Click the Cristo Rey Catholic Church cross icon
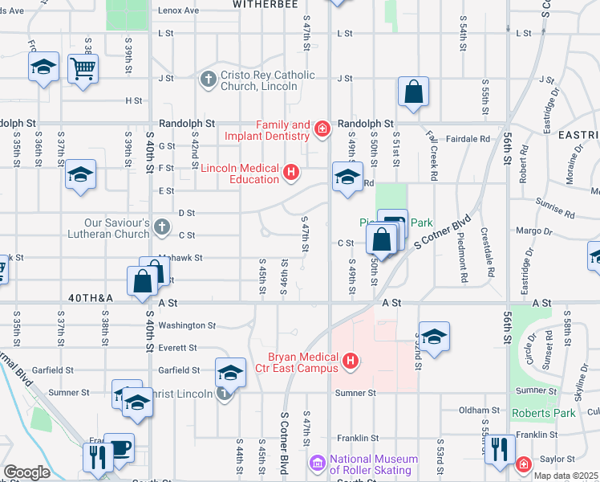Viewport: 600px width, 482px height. click(208, 79)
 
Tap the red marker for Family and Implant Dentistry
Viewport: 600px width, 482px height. click(322, 129)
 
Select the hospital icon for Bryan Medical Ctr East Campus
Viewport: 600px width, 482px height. click(350, 362)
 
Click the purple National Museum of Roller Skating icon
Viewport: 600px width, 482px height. click(318, 463)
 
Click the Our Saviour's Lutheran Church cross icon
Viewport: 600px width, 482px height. click(161, 225)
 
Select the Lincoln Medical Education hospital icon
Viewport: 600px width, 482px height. click(291, 171)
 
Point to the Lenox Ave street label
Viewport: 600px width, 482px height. click(178, 10)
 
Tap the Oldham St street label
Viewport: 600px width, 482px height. click(480, 411)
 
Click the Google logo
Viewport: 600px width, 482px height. click(26, 472)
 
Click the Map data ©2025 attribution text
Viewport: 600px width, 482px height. click(565, 476)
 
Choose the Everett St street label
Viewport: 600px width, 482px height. click(177, 348)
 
